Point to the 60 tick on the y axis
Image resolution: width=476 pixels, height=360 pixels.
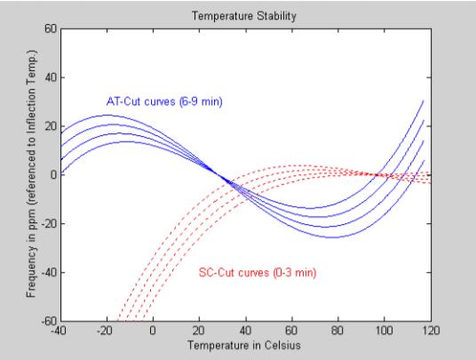(x=50, y=29)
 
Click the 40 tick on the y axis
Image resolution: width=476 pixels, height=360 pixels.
(x=50, y=77)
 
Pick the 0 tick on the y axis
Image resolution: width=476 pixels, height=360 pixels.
(x=52, y=174)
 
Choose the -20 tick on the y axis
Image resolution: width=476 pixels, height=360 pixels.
(x=48, y=223)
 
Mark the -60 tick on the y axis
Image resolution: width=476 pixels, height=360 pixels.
(x=48, y=320)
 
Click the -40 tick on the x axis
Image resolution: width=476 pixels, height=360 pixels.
(x=59, y=331)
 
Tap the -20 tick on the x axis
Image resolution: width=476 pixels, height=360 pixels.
(x=106, y=331)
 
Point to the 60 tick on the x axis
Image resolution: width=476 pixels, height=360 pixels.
(x=291, y=331)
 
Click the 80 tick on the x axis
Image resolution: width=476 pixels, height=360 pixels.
(x=337, y=331)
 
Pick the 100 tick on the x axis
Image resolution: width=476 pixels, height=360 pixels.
(x=384, y=331)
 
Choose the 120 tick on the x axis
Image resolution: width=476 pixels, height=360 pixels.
(x=430, y=331)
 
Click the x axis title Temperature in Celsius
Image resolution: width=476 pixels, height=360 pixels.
(x=244, y=343)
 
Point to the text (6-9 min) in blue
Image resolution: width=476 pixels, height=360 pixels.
(x=201, y=102)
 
